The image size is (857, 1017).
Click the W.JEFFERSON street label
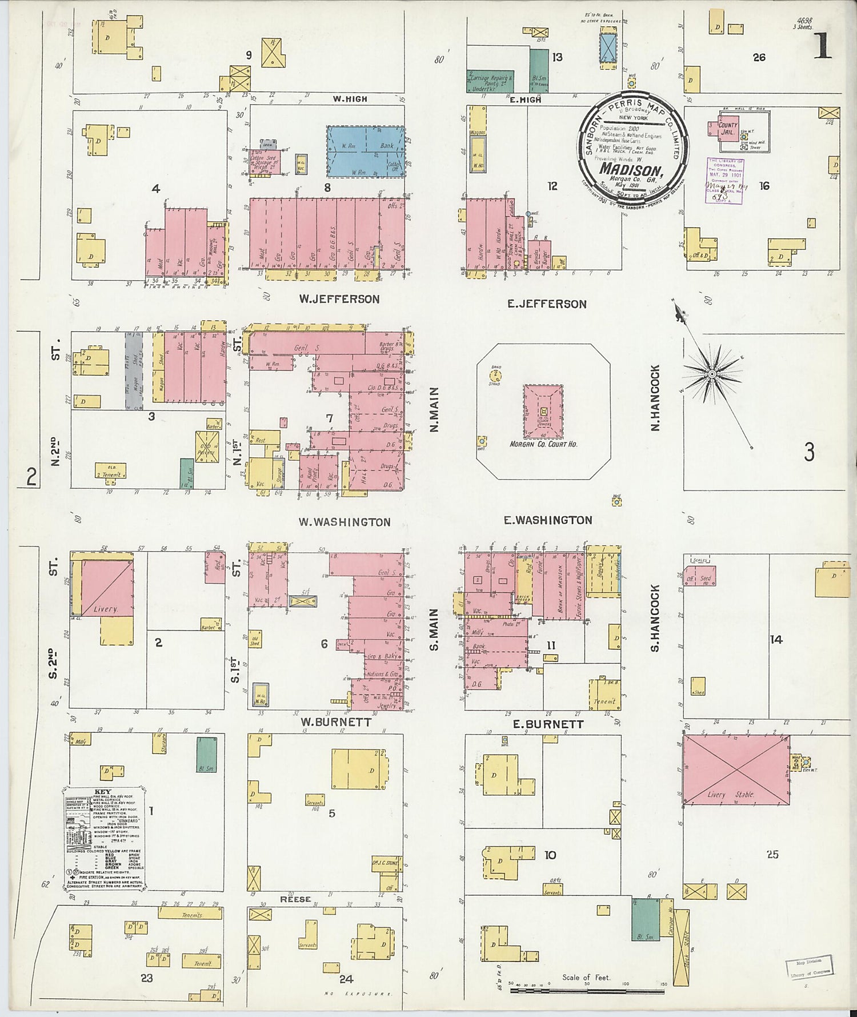[x=339, y=299]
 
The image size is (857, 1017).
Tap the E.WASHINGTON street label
[x=547, y=520]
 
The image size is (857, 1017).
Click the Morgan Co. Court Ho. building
[x=543, y=412]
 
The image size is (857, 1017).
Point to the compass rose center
[x=712, y=374]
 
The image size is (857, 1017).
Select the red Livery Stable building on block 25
[x=736, y=771]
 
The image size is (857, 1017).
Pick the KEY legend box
[x=104, y=839]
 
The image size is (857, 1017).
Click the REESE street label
[x=295, y=899]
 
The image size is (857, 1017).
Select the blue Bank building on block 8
[x=366, y=151]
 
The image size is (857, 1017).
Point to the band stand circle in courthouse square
[x=495, y=376]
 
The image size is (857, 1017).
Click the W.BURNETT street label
[x=336, y=722]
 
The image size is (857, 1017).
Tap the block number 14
[x=775, y=640]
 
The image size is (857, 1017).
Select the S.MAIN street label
[x=434, y=629]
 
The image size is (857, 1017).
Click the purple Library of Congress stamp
[x=724, y=180]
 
